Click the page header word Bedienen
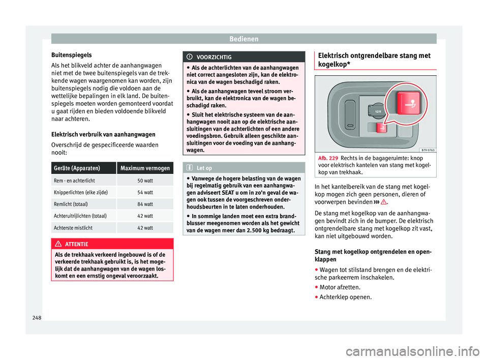pos(243,39)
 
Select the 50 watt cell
pos(144,181)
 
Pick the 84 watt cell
pos(144,204)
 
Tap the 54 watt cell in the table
pos(144,192)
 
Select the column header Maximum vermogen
pos(144,168)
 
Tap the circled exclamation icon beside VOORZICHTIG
pos(190,57)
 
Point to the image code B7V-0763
pos(426,151)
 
